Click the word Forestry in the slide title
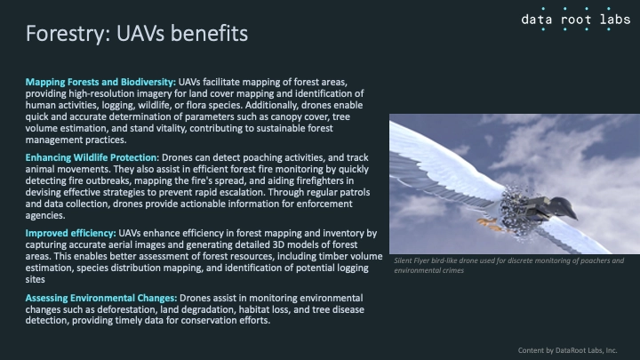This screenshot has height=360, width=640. pyautogui.click(x=65, y=34)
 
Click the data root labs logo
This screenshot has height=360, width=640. pyautogui.click(x=575, y=20)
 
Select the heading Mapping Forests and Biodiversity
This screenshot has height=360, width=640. pyautogui.click(x=100, y=82)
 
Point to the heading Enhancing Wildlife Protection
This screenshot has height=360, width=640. pyautogui.click(x=92, y=157)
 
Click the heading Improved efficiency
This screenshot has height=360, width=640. pyautogui.click(x=70, y=233)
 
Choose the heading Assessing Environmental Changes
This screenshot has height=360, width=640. pyautogui.click(x=101, y=298)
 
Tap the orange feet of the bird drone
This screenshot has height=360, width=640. pyautogui.click(x=489, y=224)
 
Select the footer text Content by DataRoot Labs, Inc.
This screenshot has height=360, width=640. pyautogui.click(x=567, y=350)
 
